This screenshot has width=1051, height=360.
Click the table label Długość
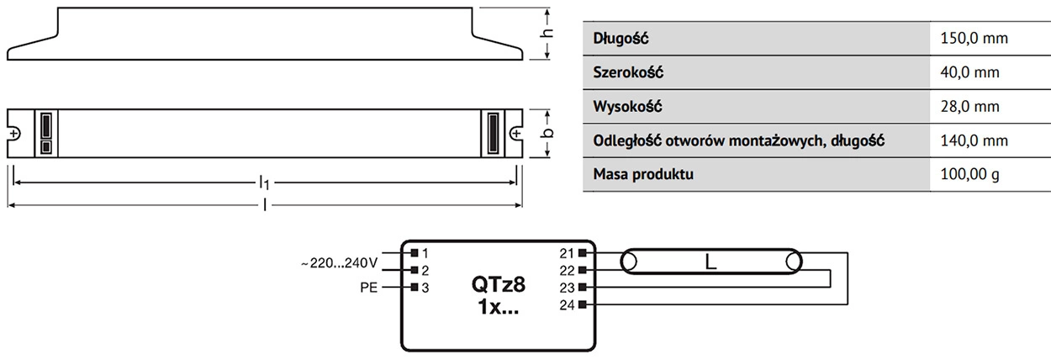click(x=621, y=39)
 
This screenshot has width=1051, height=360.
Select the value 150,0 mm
click(x=974, y=39)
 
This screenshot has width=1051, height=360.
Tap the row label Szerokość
click(x=628, y=73)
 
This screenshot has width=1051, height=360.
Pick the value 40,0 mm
click(x=970, y=73)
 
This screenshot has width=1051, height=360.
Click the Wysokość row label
click(x=627, y=107)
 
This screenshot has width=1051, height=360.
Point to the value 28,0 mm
click(x=970, y=107)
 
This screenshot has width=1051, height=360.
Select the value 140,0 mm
click(x=974, y=141)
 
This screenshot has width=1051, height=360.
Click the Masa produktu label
click(x=643, y=175)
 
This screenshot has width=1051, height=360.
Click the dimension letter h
click(x=547, y=34)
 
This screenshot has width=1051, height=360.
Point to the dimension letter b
click(x=547, y=133)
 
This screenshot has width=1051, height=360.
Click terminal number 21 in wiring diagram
click(x=566, y=252)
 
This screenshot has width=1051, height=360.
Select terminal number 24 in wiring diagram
click(x=566, y=304)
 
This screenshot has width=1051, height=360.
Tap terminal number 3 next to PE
click(x=425, y=288)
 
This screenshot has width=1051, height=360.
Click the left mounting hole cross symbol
click(x=14, y=133)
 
